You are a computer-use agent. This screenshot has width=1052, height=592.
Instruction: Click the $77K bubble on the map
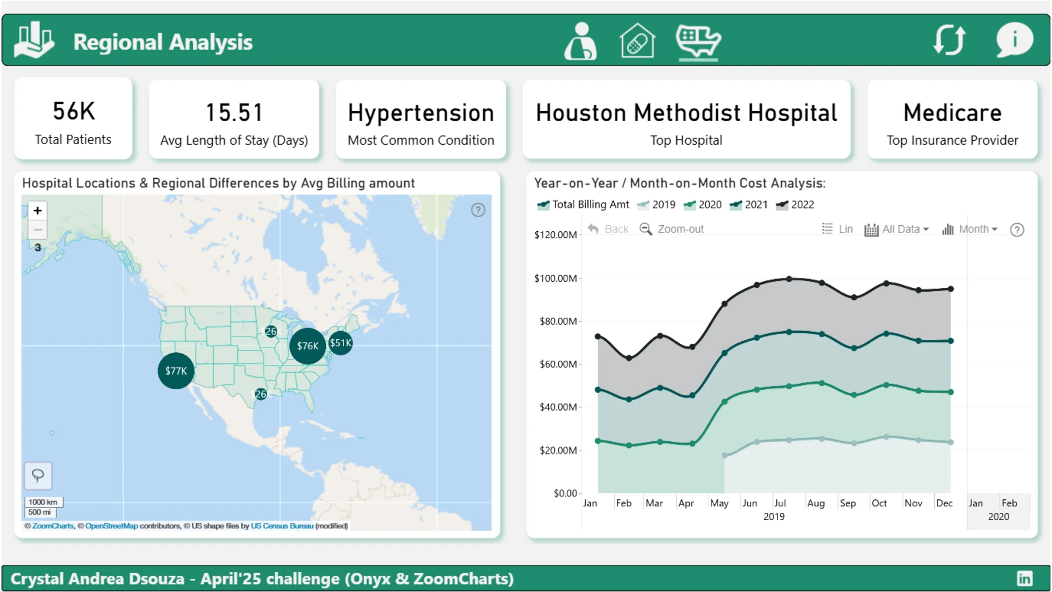coord(176,371)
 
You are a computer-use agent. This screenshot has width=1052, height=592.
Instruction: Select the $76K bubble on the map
coord(307,346)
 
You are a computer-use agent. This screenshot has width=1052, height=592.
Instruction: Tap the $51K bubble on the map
coord(340,343)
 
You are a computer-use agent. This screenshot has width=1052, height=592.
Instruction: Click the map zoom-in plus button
coord(37,210)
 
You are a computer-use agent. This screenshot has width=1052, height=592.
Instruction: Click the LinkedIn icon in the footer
coord(1025,578)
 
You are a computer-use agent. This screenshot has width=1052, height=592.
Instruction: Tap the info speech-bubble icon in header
coord(1014,40)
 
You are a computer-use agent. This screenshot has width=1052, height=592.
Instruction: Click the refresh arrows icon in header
coord(950,40)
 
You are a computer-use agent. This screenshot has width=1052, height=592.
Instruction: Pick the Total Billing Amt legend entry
coord(584,204)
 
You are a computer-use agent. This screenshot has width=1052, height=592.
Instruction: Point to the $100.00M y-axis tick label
coord(556,278)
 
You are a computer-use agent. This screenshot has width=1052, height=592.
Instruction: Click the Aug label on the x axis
coord(816,503)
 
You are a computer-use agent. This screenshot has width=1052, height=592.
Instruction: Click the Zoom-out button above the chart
coord(672,229)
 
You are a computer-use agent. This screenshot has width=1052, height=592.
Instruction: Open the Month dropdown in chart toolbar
coord(970,229)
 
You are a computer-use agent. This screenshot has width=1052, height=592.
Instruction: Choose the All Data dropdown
coord(896,229)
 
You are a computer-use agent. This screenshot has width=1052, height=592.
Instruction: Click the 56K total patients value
coord(73,111)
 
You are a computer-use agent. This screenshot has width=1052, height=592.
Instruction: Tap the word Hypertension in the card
coord(421,113)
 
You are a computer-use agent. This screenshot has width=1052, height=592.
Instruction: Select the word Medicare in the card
coord(952,113)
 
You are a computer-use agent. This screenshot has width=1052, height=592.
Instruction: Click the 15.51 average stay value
coord(234,113)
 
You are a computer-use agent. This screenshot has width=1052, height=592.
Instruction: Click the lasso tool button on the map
coord(38,475)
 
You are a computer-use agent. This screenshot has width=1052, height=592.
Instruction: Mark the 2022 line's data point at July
coord(789,279)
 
